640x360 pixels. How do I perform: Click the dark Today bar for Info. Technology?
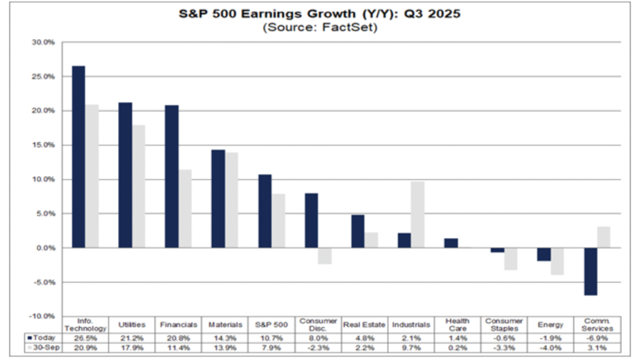pyautogui.click(x=78, y=156)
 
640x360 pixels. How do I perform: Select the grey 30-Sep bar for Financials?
pyautogui.click(x=185, y=209)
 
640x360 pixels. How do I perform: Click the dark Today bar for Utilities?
pyautogui.click(x=125, y=175)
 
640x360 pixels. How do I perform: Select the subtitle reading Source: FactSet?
pyautogui.click(x=320, y=27)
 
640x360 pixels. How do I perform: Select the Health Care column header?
pyautogui.click(x=457, y=324)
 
